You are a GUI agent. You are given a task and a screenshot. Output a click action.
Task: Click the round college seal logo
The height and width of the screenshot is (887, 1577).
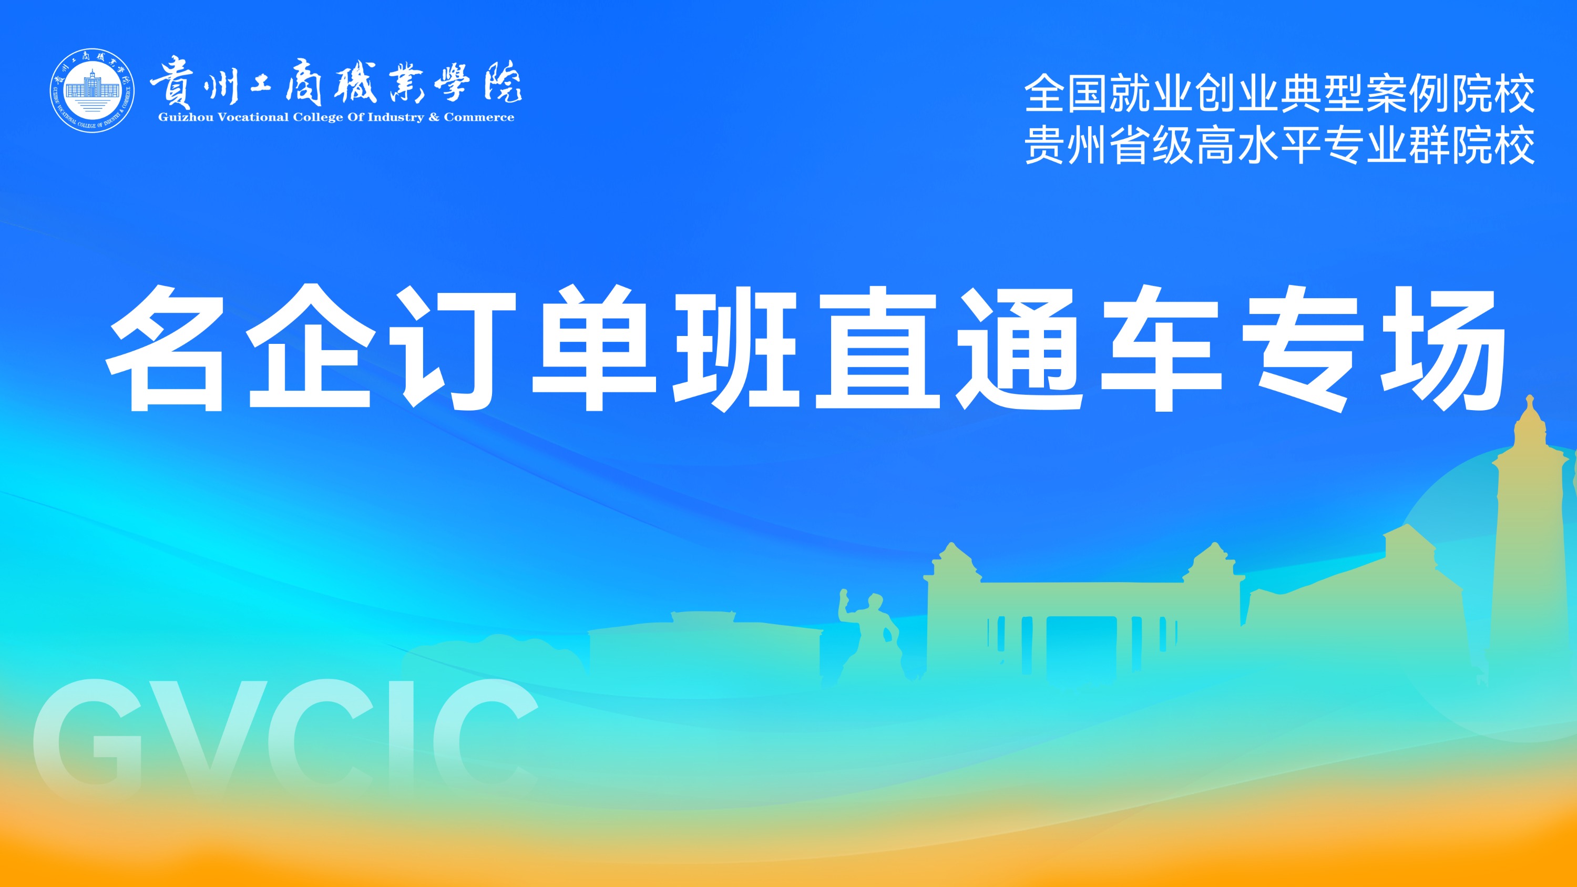point(92,91)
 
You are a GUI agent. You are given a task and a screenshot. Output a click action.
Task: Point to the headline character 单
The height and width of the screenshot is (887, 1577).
point(594,348)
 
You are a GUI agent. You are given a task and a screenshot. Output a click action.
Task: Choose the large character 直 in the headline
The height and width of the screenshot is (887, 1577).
point(877,347)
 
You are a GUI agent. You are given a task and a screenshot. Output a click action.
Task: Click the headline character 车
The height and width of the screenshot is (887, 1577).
point(1161,348)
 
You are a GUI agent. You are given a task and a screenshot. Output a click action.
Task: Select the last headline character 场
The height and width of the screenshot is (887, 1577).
point(1443,348)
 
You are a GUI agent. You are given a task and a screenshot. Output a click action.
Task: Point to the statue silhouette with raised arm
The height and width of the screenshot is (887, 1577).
point(867,637)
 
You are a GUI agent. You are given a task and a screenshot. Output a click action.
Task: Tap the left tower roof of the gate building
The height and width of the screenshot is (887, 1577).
point(952,560)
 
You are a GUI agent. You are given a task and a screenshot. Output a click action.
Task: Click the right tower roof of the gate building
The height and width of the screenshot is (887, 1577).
point(1213,560)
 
